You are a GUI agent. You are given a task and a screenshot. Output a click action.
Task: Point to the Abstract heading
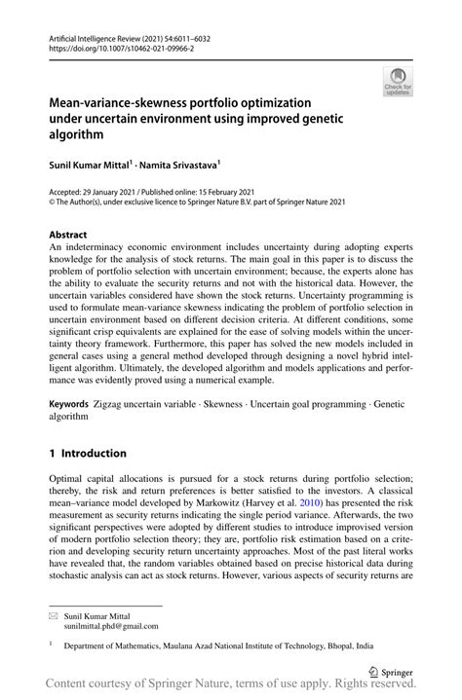click(x=68, y=235)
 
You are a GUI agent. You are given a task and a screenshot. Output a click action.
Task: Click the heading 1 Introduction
click(x=88, y=453)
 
